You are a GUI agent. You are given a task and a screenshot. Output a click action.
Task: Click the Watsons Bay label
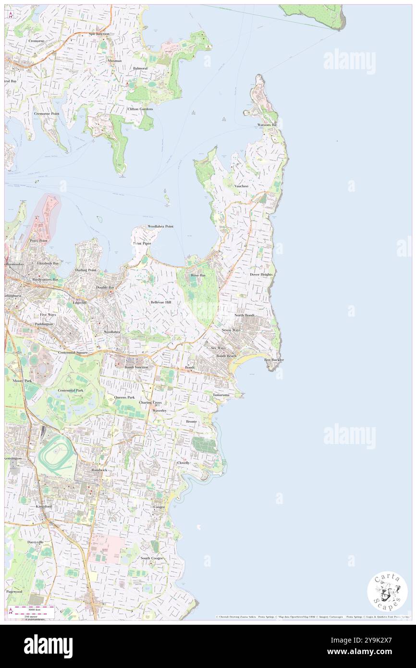coord(267,125)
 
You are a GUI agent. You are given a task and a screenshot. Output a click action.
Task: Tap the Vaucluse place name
coord(241,186)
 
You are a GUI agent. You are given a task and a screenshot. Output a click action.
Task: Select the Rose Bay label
coord(198,275)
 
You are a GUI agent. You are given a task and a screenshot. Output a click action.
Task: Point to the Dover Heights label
coord(261,274)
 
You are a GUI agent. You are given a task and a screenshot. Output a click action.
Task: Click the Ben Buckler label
coord(274,359)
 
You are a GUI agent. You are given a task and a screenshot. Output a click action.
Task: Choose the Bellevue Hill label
coord(160,302)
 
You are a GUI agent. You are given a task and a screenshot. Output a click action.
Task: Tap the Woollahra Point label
coord(160,226)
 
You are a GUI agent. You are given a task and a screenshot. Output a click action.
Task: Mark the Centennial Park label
coord(71,390)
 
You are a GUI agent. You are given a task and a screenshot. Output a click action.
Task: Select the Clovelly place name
coord(184,463)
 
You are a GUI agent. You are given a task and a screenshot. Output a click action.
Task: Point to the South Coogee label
coord(152,558)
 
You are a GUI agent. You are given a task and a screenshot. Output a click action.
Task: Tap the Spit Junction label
coord(99,34)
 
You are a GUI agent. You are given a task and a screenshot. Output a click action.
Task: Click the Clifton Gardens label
coord(140,109)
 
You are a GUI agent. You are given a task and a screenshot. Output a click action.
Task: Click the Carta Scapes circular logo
coord(387,592)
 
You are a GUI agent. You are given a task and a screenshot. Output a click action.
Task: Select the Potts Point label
coord(38,240)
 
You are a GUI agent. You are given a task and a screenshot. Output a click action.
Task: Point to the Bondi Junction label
coord(136,367)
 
